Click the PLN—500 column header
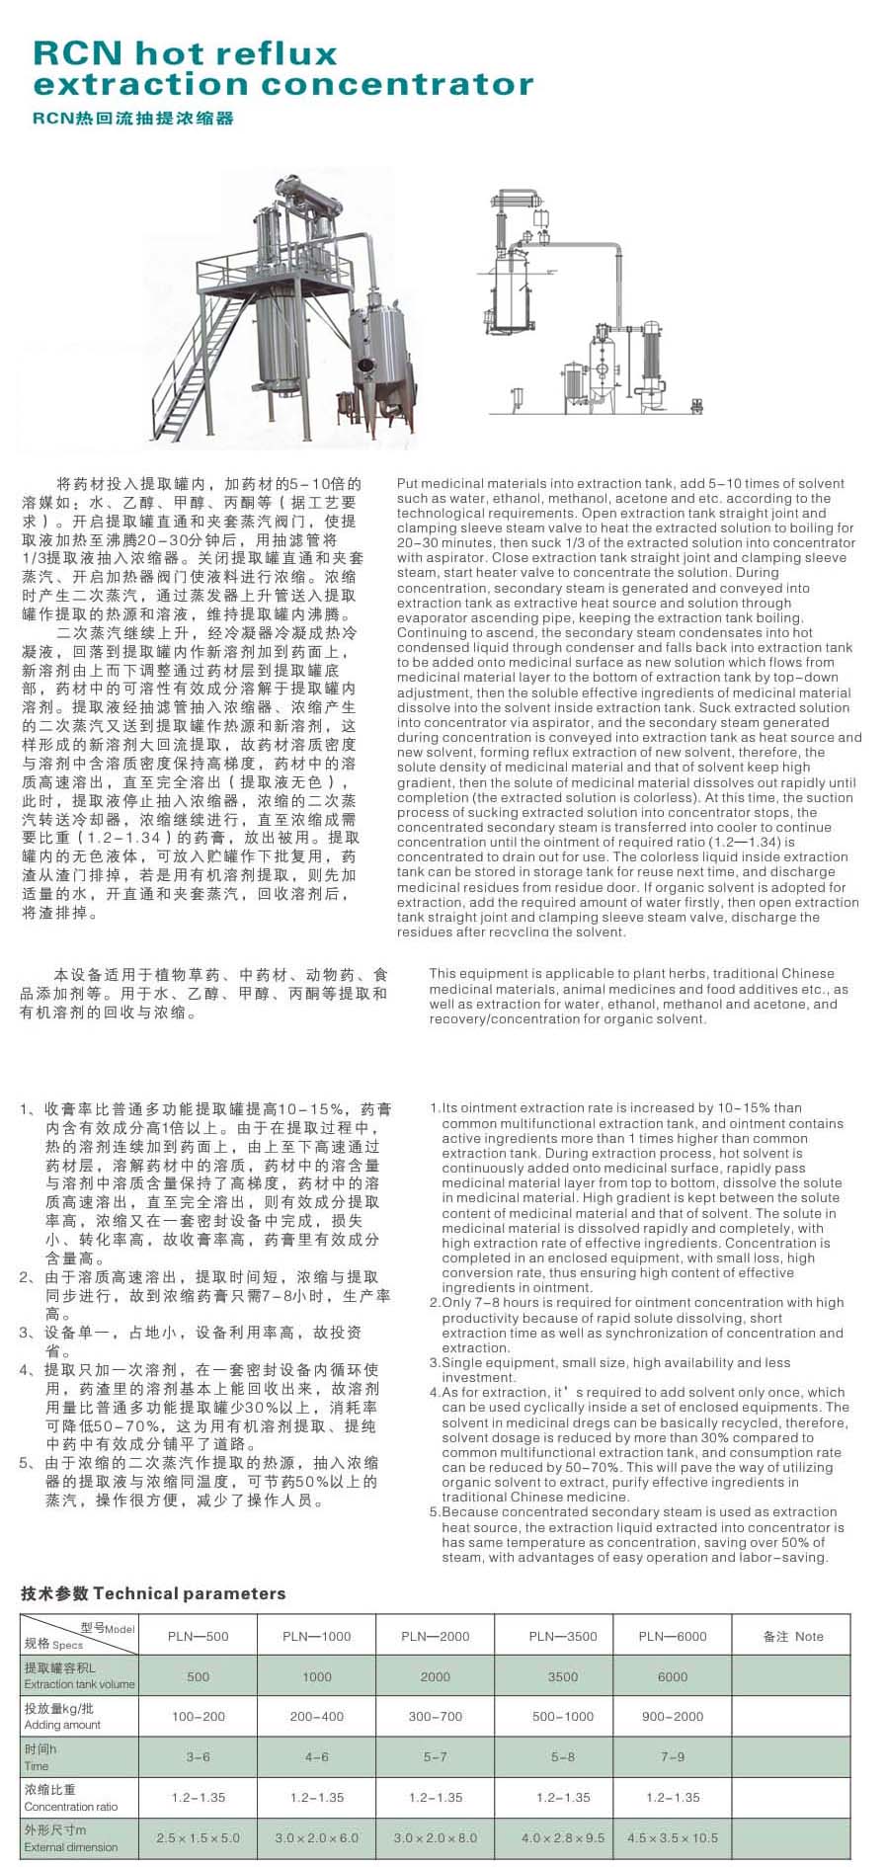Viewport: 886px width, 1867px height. click(198, 1636)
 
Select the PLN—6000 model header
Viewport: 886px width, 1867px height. click(672, 1636)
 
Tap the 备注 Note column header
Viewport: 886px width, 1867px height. click(792, 1636)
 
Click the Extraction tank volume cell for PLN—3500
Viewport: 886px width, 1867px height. click(563, 1676)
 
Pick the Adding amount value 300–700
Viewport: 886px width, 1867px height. click(435, 1717)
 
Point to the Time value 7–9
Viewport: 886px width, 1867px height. click(672, 1757)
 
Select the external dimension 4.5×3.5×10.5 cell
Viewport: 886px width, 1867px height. click(672, 1838)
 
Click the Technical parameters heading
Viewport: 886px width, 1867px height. click(153, 1593)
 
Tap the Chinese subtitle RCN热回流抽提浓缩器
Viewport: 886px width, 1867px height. click(133, 119)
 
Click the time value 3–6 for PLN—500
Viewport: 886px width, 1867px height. click(198, 1757)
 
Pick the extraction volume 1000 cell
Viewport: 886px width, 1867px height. click(316, 1676)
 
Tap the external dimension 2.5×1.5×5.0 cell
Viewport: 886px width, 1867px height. click(198, 1838)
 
